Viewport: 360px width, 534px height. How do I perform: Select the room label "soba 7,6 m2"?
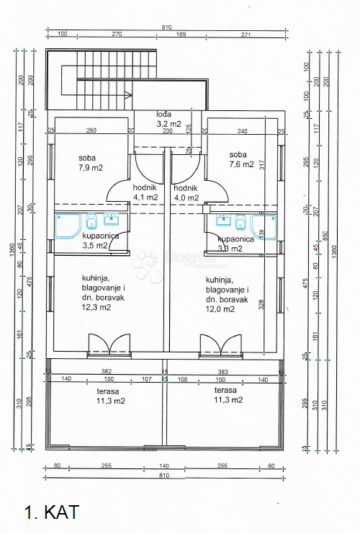click(x=241, y=159)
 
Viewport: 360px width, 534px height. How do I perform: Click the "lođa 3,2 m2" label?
click(x=170, y=119)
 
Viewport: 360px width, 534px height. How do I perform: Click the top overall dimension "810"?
click(x=166, y=27)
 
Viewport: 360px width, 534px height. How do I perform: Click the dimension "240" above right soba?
click(x=243, y=130)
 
